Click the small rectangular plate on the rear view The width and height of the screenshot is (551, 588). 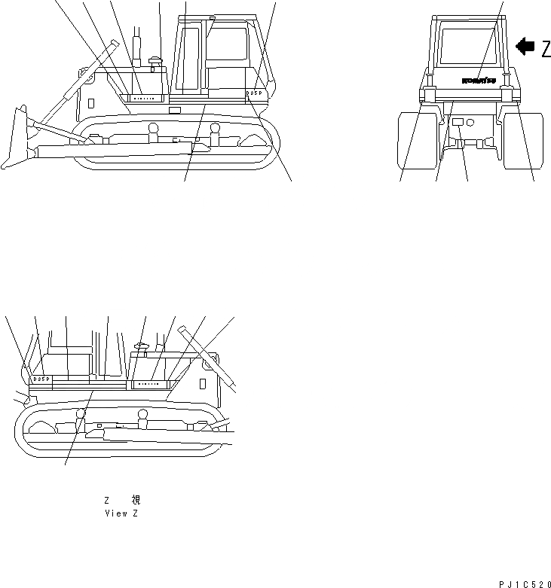point(457,120)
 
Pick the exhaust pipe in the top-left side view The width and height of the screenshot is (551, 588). point(138,49)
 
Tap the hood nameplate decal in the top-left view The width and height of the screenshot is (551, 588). point(144,97)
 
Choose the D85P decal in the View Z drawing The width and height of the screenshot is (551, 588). point(41,379)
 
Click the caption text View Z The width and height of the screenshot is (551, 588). point(121,513)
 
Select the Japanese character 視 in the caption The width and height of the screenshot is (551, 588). point(136,500)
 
